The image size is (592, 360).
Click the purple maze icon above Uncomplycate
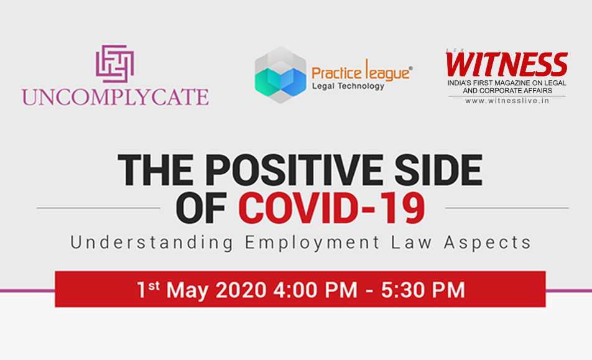[115, 63]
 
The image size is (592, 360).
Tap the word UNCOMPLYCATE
[115, 97]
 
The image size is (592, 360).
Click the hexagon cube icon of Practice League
[280, 75]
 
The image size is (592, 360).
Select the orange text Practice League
[362, 71]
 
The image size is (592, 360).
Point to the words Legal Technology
[348, 86]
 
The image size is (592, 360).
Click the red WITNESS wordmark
[507, 64]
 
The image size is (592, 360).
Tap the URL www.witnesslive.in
[507, 101]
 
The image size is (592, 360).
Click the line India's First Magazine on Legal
[507, 83]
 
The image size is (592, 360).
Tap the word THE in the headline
[158, 170]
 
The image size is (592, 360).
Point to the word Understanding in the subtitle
[152, 242]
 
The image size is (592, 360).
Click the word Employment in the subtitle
[312, 243]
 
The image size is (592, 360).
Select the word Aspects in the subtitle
[488, 243]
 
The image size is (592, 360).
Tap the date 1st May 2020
[202, 290]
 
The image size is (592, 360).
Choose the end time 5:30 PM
[423, 290]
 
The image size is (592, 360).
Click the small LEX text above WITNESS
[455, 50]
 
